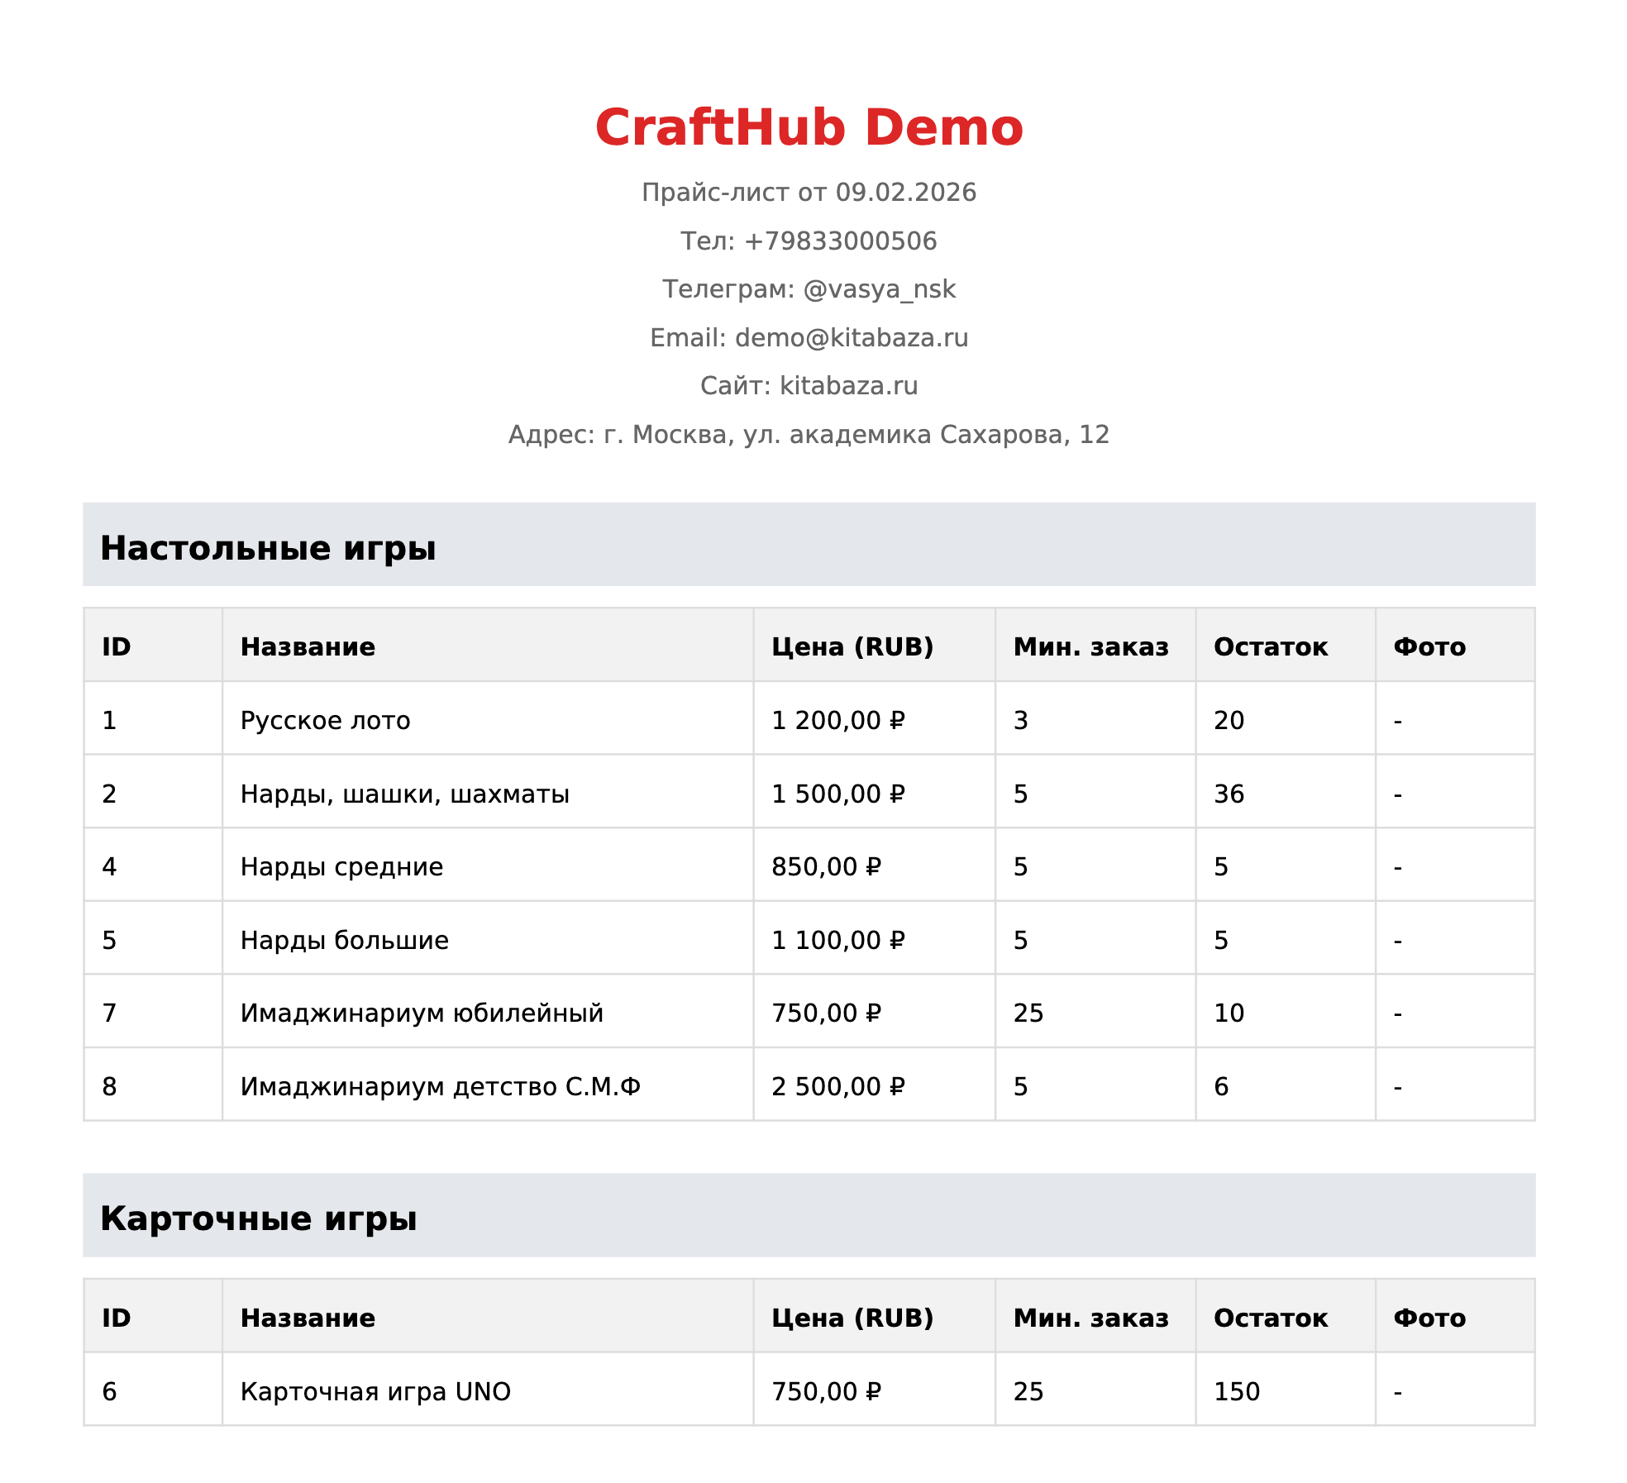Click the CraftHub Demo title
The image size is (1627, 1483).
pyautogui.click(x=809, y=128)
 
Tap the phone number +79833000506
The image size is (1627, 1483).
pyautogui.click(x=840, y=241)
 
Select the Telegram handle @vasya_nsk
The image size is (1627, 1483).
pyautogui.click(x=879, y=289)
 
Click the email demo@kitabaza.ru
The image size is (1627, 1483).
pyautogui.click(x=851, y=338)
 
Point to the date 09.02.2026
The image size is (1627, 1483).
pyautogui.click(x=905, y=193)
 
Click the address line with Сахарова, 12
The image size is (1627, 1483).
pyautogui.click(x=809, y=435)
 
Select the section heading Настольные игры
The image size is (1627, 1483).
pyautogui.click(x=268, y=548)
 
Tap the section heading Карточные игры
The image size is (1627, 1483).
pyautogui.click(x=258, y=1218)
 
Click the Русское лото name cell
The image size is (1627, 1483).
pyautogui.click(x=325, y=721)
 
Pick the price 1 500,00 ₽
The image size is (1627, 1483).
pyautogui.click(x=837, y=794)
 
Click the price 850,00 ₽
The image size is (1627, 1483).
pyautogui.click(x=826, y=867)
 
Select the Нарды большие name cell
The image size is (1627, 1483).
pyautogui.click(x=344, y=941)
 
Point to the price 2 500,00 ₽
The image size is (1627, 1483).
pyautogui.click(x=837, y=1087)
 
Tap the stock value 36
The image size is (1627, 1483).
pyautogui.click(x=1229, y=794)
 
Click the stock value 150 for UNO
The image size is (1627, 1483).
pyautogui.click(x=1236, y=1392)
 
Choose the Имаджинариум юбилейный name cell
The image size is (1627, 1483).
pyautogui.click(x=422, y=1013)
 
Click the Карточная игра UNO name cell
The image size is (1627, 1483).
pyautogui.click(x=375, y=1392)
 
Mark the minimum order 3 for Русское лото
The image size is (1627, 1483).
pyautogui.click(x=1021, y=721)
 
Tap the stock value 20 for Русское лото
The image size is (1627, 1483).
pyautogui.click(x=1229, y=721)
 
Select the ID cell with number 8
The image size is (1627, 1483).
pyautogui.click(x=109, y=1087)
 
